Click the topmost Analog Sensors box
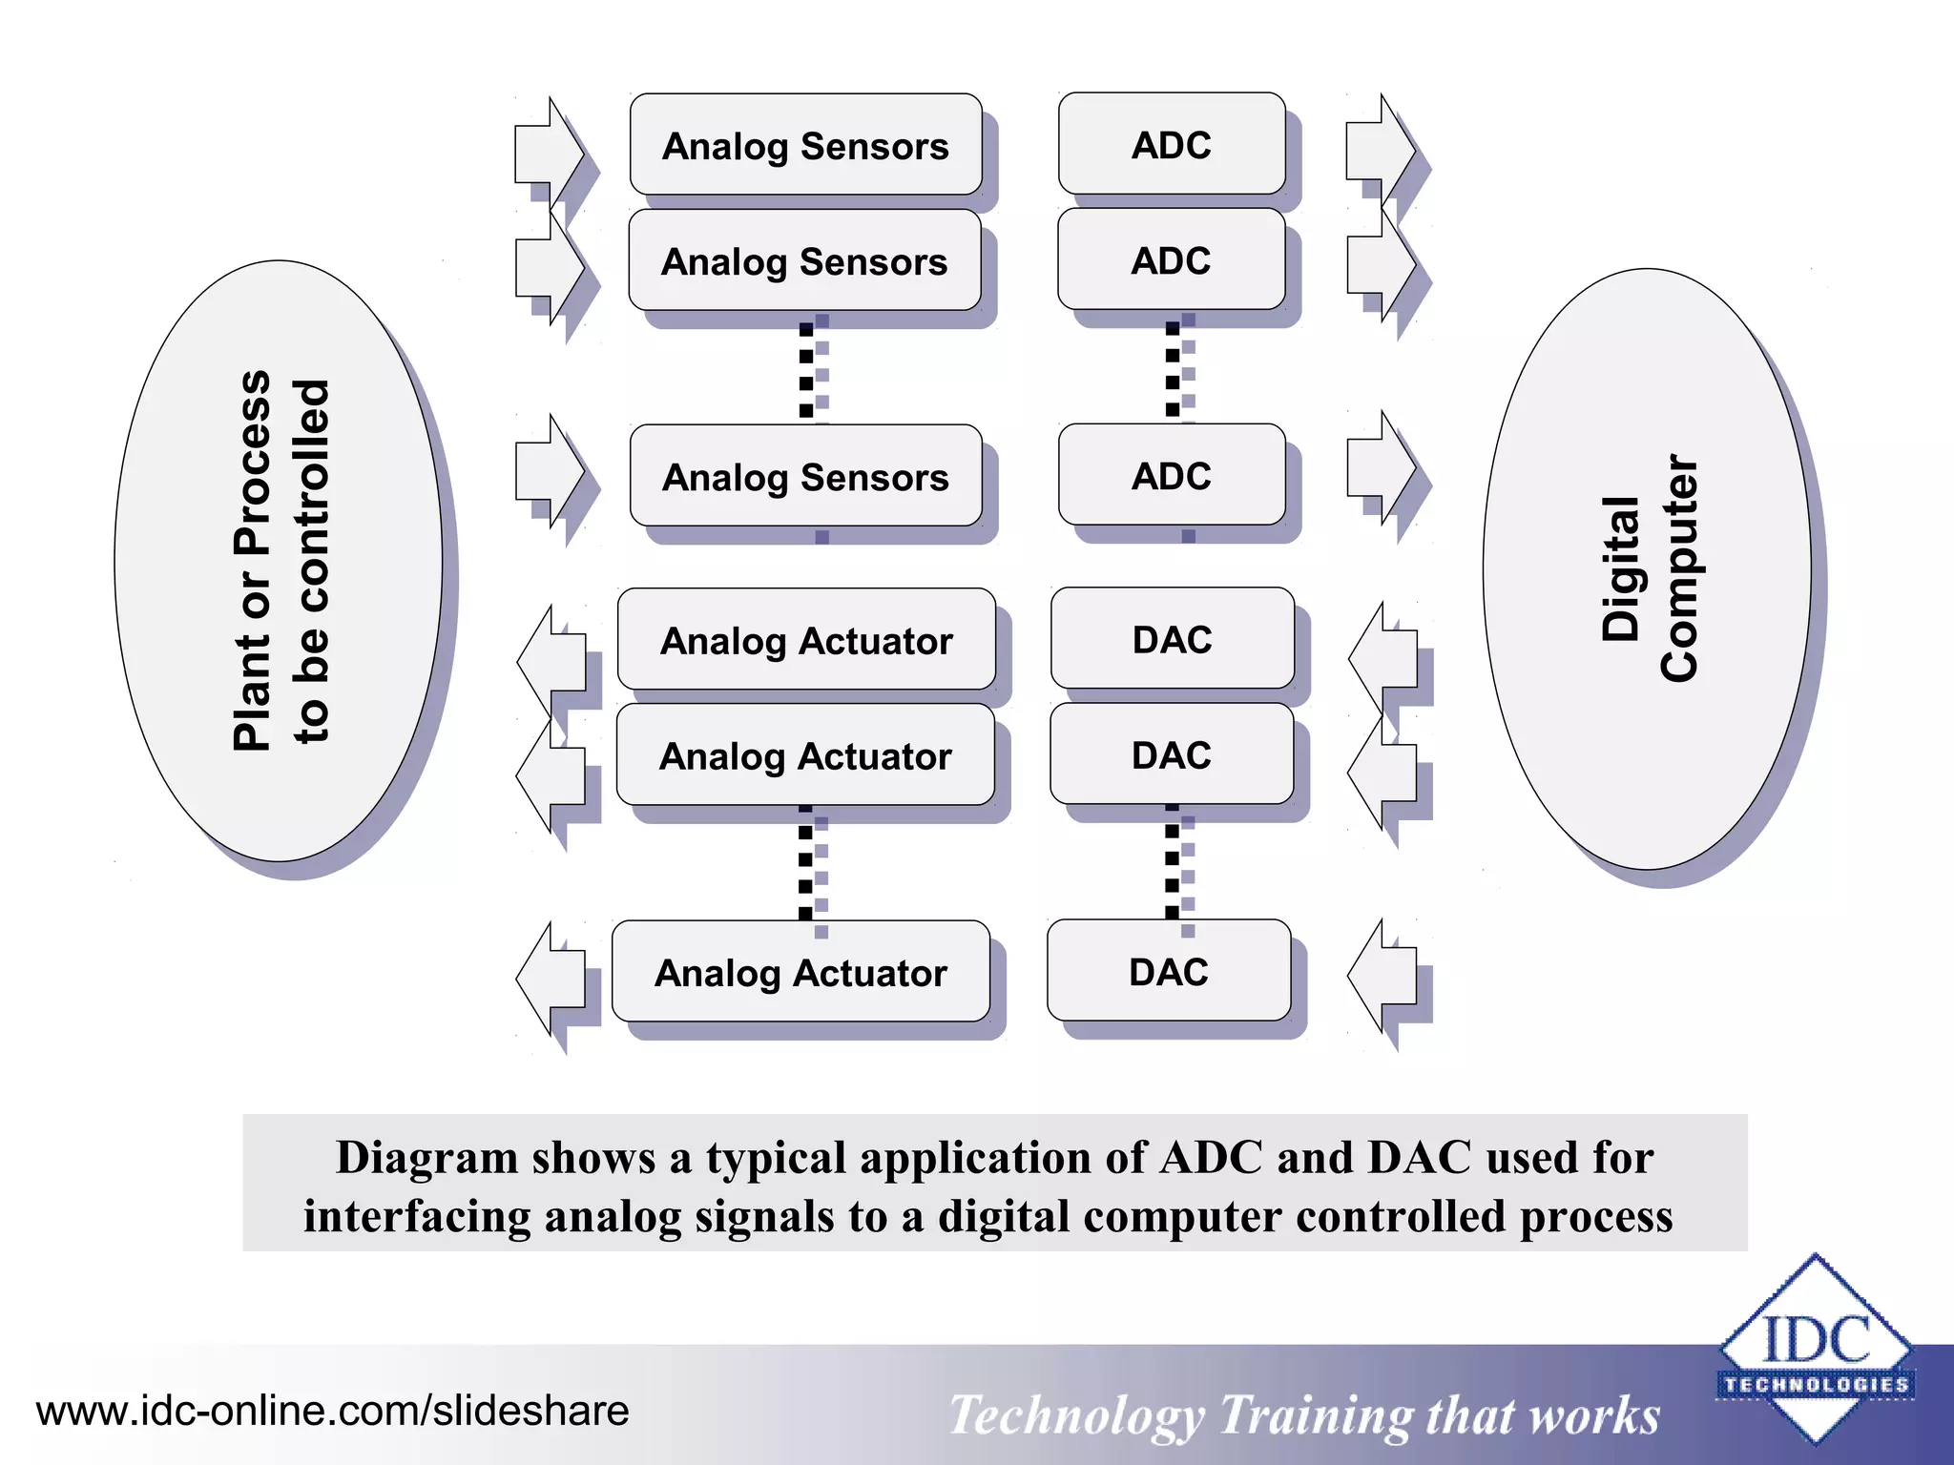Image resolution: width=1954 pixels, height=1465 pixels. click(x=805, y=145)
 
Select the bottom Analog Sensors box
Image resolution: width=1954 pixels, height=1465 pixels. click(x=805, y=476)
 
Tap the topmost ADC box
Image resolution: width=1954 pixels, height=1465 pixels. click(x=1172, y=144)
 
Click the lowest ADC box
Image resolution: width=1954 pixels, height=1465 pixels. click(x=1172, y=475)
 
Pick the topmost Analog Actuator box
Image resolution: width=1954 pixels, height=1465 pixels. click(x=806, y=639)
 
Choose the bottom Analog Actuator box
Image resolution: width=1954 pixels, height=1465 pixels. click(x=800, y=971)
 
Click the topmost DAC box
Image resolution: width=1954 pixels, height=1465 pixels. click(x=1173, y=638)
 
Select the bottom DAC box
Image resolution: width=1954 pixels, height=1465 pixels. click(x=1169, y=970)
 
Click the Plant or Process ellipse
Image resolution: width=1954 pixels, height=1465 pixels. click(x=279, y=561)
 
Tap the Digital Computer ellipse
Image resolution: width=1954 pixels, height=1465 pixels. click(x=1647, y=568)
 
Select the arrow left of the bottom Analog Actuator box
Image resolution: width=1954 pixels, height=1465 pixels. click(x=551, y=979)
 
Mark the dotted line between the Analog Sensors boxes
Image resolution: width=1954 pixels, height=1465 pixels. click(x=806, y=369)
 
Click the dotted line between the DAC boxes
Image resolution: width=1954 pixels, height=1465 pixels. click(x=1172, y=861)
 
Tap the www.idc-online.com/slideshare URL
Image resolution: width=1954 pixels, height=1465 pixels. click(x=332, y=1411)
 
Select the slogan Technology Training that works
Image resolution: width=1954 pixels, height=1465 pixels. click(x=1303, y=1414)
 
